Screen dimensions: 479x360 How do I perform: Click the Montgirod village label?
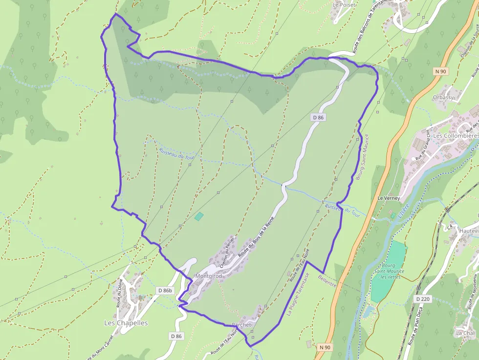pos(208,276)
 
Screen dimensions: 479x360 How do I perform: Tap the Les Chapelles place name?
pos(126,323)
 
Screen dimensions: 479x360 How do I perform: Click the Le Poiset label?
pos(344,4)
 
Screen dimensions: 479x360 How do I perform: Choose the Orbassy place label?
pos(443,97)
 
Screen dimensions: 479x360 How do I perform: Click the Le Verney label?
pos(389,198)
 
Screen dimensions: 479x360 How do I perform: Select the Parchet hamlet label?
pos(241,325)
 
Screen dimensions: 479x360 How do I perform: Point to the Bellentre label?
pos(327,282)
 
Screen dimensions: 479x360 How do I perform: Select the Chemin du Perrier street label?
pos(228,252)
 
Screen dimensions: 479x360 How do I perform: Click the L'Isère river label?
pos(403,211)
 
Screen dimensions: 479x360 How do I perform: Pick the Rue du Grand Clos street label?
pos(422,144)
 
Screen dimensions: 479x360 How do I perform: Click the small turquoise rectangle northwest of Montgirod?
pos(198,216)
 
